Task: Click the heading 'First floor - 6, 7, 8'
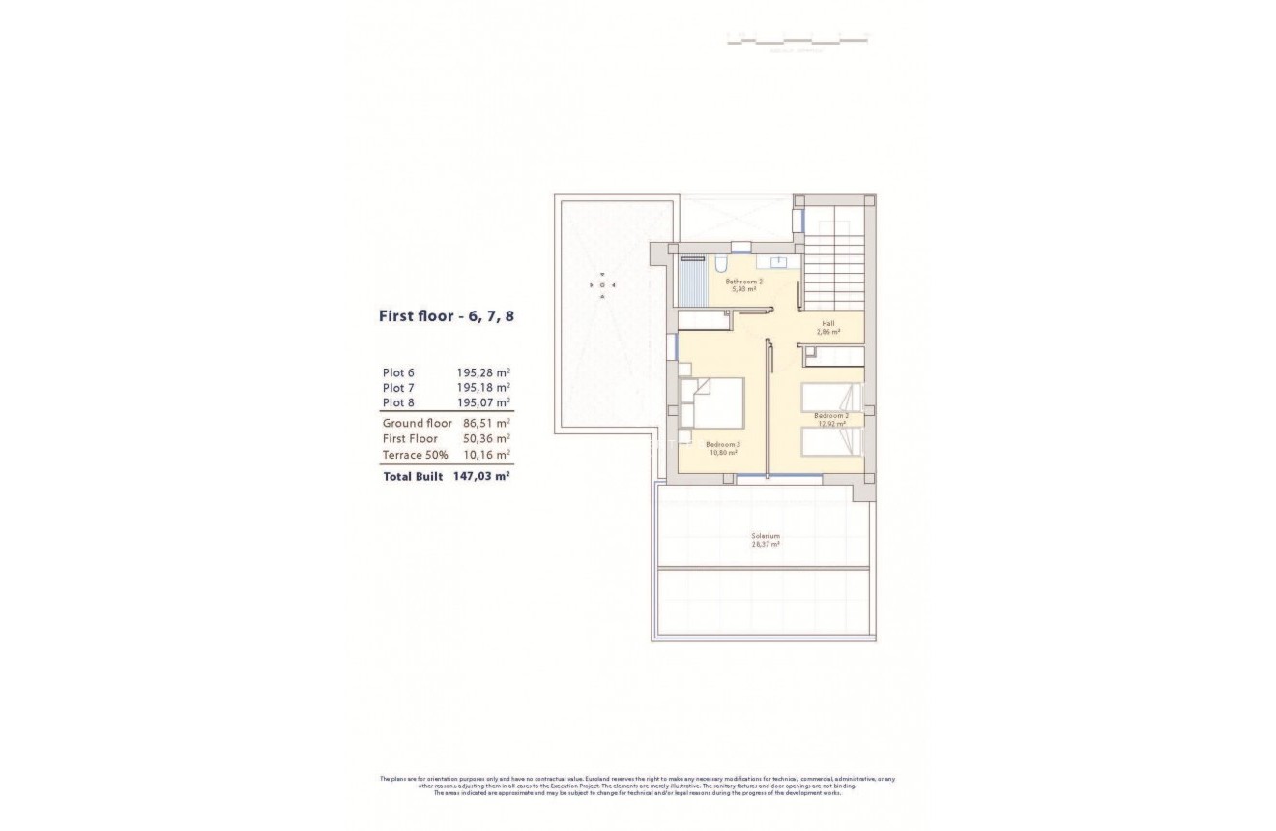446,315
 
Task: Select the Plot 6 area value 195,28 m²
483,371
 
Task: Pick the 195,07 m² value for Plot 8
483,402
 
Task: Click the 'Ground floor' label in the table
417,423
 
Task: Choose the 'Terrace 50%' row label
415,455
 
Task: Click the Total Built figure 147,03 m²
480,477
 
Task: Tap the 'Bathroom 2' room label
744,282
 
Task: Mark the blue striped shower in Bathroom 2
693,282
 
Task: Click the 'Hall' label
828,324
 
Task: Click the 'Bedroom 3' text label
723,444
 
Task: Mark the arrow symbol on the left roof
602,284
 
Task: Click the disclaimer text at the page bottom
638,786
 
